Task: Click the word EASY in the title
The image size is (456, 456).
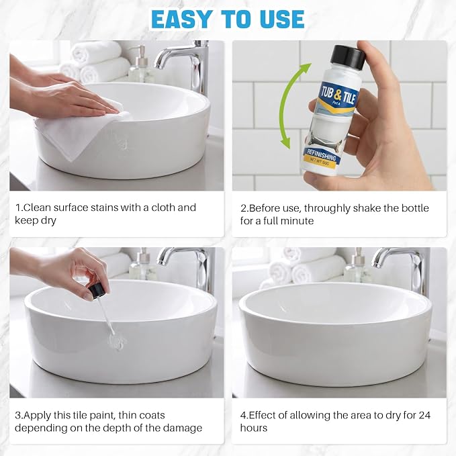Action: pyautogui.click(x=181, y=19)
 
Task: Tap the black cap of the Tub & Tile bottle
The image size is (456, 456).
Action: pyautogui.click(x=349, y=56)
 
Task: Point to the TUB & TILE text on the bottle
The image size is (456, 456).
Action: pyautogui.click(x=338, y=94)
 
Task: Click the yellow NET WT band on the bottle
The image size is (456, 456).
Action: pyautogui.click(x=319, y=161)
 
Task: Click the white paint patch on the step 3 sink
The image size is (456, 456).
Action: pyautogui.click(x=117, y=341)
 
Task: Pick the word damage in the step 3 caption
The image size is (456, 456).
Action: pyautogui.click(x=183, y=428)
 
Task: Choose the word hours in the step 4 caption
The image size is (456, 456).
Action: pyautogui.click(x=253, y=428)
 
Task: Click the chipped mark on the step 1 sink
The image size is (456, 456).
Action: pyautogui.click(x=122, y=142)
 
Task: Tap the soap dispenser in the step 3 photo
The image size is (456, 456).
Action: pyautogui.click(x=142, y=266)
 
